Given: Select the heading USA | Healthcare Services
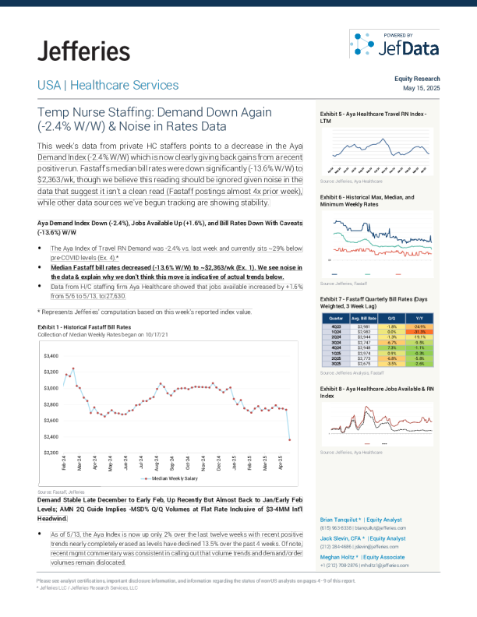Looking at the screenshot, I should click(x=108, y=85).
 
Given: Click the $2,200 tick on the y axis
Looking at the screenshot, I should click(x=51, y=453).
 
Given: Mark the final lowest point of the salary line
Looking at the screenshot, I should click(x=290, y=440).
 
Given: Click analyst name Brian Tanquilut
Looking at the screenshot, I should click(x=345, y=518).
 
